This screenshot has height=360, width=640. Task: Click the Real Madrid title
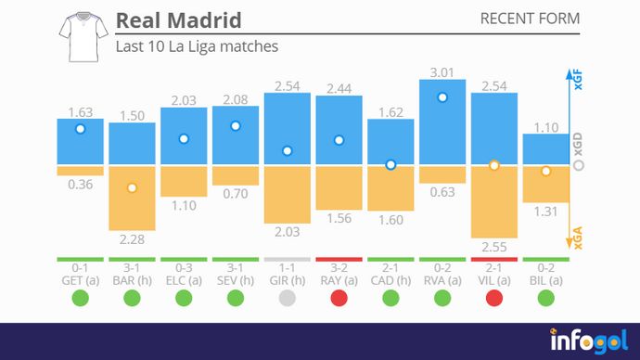point(178,20)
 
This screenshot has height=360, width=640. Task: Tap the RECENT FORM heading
point(531,19)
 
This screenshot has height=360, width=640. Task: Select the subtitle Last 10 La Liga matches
point(197,45)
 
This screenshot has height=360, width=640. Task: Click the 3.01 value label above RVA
point(442,71)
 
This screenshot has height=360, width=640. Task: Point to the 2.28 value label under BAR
point(132,238)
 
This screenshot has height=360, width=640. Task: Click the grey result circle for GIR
point(288,299)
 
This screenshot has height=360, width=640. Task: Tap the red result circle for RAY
point(339,299)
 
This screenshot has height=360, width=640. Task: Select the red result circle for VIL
point(494,299)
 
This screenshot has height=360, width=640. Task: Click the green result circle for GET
point(80,299)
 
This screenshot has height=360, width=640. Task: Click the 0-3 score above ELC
point(184,267)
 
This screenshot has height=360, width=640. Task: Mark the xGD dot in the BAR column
point(132,187)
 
